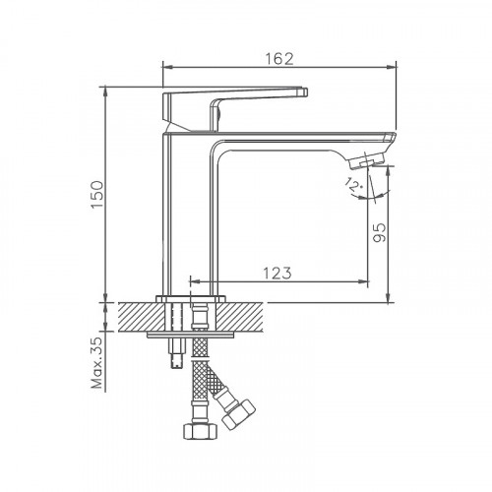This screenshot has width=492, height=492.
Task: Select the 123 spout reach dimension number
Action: point(277,275)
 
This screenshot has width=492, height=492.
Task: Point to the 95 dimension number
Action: point(381,231)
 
